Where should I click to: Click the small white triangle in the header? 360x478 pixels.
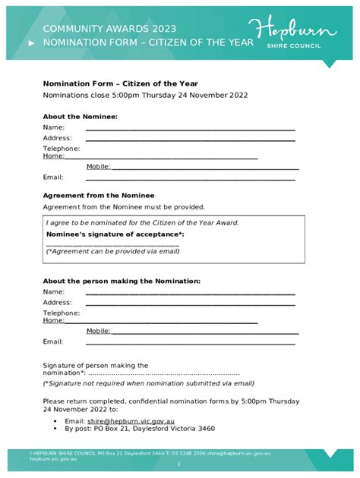pos(31,44)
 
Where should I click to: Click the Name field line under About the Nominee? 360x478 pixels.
pos(190,130)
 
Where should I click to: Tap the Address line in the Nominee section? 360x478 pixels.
pos(190,140)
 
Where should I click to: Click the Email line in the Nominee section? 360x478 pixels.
pos(190,180)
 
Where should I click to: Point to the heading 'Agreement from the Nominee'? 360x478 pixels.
pos(98,195)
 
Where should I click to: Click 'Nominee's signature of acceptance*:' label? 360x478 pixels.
pos(115,234)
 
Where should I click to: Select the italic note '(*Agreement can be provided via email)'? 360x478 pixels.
pos(112,251)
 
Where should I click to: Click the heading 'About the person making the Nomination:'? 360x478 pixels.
pos(122,281)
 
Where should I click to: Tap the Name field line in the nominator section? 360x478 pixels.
pos(190,294)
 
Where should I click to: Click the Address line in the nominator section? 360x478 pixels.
pos(190,304)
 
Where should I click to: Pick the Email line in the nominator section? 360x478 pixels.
pos(190,344)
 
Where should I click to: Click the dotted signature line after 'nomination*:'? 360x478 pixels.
pos(163,373)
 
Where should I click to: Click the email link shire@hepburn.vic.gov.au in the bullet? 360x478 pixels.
pos(131,420)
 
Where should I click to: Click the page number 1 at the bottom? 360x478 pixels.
pos(179,464)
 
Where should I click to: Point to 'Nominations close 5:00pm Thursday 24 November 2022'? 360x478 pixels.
pos(145,96)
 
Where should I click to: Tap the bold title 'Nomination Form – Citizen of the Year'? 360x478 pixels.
pos(121,83)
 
